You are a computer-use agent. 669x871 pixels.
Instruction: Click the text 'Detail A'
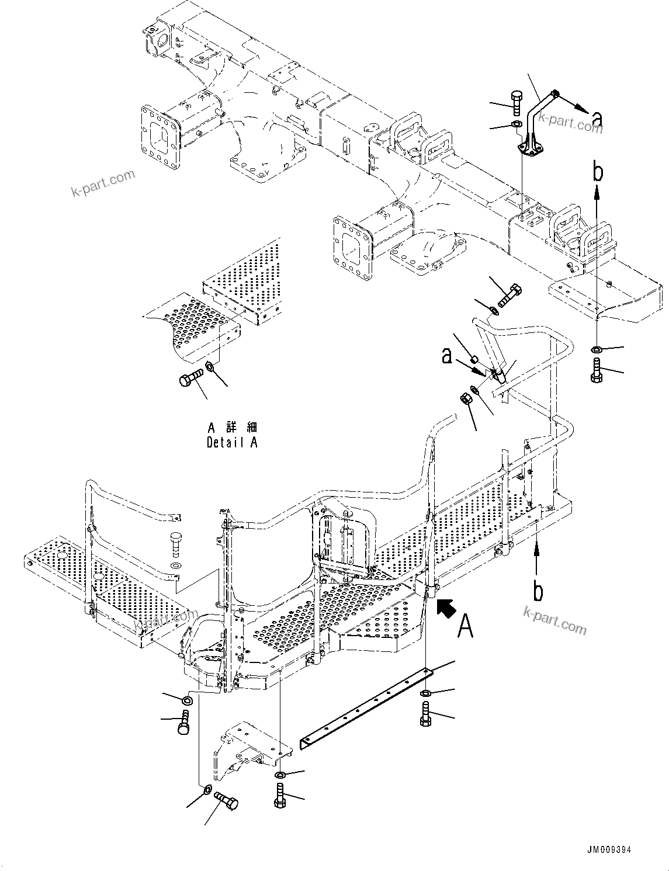coord(231,442)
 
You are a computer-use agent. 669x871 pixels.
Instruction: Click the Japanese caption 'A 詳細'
coord(232,427)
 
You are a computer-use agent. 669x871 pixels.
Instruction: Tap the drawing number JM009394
coord(606,850)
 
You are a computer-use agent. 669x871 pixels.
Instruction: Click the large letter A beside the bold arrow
coord(466,626)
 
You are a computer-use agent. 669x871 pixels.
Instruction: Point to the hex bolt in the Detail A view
coord(191,379)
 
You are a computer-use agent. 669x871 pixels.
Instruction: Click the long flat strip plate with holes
coord(366,707)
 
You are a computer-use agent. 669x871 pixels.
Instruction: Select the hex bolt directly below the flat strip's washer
coord(425,714)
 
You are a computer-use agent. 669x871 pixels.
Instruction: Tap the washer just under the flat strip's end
coord(426,693)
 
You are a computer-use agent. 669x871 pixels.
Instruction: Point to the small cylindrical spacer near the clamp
coord(475,359)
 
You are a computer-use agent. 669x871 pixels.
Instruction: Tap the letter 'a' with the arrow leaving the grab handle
coord(597,119)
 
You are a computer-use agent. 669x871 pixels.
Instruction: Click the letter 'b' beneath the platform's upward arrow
coord(538,591)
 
